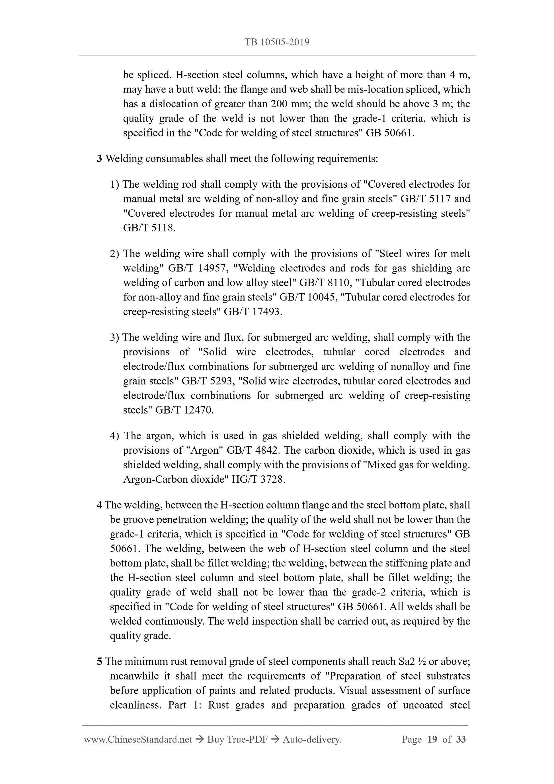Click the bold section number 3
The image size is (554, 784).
click(x=99, y=159)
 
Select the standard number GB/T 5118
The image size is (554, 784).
click(x=149, y=228)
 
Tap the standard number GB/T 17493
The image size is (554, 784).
click(x=253, y=312)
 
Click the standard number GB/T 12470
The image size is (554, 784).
click(x=184, y=410)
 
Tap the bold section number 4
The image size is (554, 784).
click(x=99, y=505)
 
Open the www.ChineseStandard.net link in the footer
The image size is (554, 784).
click(x=138, y=740)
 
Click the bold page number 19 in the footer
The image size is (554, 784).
click(x=432, y=739)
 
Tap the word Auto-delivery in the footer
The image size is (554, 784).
click(x=312, y=740)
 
